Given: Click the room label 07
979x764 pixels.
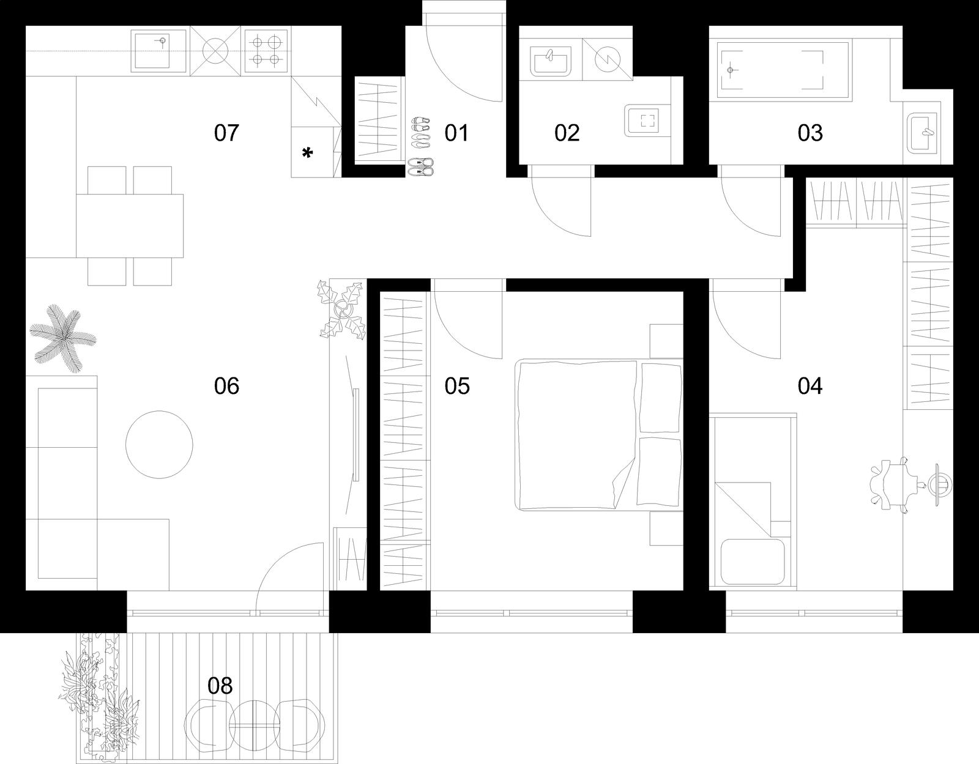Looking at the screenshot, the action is coord(226,133).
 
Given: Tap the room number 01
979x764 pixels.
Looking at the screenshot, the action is coord(457,133).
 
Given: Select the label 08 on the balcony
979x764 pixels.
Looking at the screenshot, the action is coord(220,686).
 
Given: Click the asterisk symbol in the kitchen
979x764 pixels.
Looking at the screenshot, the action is coord(307,153).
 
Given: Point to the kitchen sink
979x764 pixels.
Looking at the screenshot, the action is coord(158,50).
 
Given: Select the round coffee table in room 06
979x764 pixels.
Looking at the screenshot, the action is coord(159,444).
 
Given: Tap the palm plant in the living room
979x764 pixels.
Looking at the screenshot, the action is coord(63,338).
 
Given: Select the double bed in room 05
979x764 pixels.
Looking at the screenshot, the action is coord(599,434).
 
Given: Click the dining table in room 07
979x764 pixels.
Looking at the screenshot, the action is coord(130,226).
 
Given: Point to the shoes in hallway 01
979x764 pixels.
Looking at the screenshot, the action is coord(420,146).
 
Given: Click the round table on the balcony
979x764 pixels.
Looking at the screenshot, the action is coord(255,725).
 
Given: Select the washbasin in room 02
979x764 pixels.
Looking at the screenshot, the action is coord(551,63).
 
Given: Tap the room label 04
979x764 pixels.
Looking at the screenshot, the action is coord(810,386).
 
